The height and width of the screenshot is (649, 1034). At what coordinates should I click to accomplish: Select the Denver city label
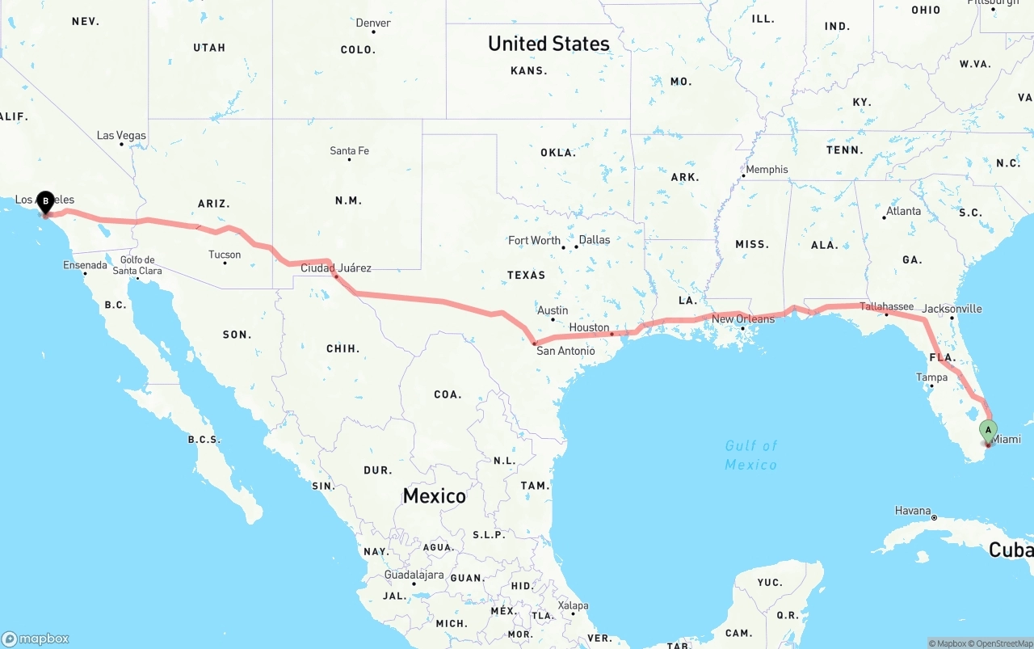pos(373,23)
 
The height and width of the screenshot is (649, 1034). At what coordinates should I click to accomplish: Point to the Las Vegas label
pos(121,135)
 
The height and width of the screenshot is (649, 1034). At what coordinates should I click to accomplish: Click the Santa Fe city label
pos(349,150)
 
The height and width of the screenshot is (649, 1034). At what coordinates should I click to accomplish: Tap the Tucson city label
pos(225,255)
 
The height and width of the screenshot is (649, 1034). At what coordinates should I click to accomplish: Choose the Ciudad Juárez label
pos(336,268)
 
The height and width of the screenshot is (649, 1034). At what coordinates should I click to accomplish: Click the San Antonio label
pos(565,351)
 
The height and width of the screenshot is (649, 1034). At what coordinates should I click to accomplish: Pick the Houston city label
pos(589,327)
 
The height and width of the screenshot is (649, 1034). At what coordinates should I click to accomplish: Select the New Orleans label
pos(742,319)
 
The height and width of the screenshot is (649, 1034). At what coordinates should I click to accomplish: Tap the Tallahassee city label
pos(886,306)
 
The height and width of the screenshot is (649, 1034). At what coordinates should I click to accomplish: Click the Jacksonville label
pos(952,309)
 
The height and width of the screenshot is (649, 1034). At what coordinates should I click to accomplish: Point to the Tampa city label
pos(931,377)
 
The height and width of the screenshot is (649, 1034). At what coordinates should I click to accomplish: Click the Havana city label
pos(913,511)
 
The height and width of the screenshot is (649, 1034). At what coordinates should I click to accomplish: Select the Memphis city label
pos(766,170)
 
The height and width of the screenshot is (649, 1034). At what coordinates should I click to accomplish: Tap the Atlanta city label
pos(902,211)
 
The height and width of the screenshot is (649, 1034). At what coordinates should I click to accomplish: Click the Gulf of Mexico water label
pos(750,455)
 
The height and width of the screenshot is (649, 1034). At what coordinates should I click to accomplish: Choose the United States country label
pos(549,44)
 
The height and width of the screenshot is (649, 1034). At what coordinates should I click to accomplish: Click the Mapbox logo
pos(36,638)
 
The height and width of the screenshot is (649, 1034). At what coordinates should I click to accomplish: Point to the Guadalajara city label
pos(414,575)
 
